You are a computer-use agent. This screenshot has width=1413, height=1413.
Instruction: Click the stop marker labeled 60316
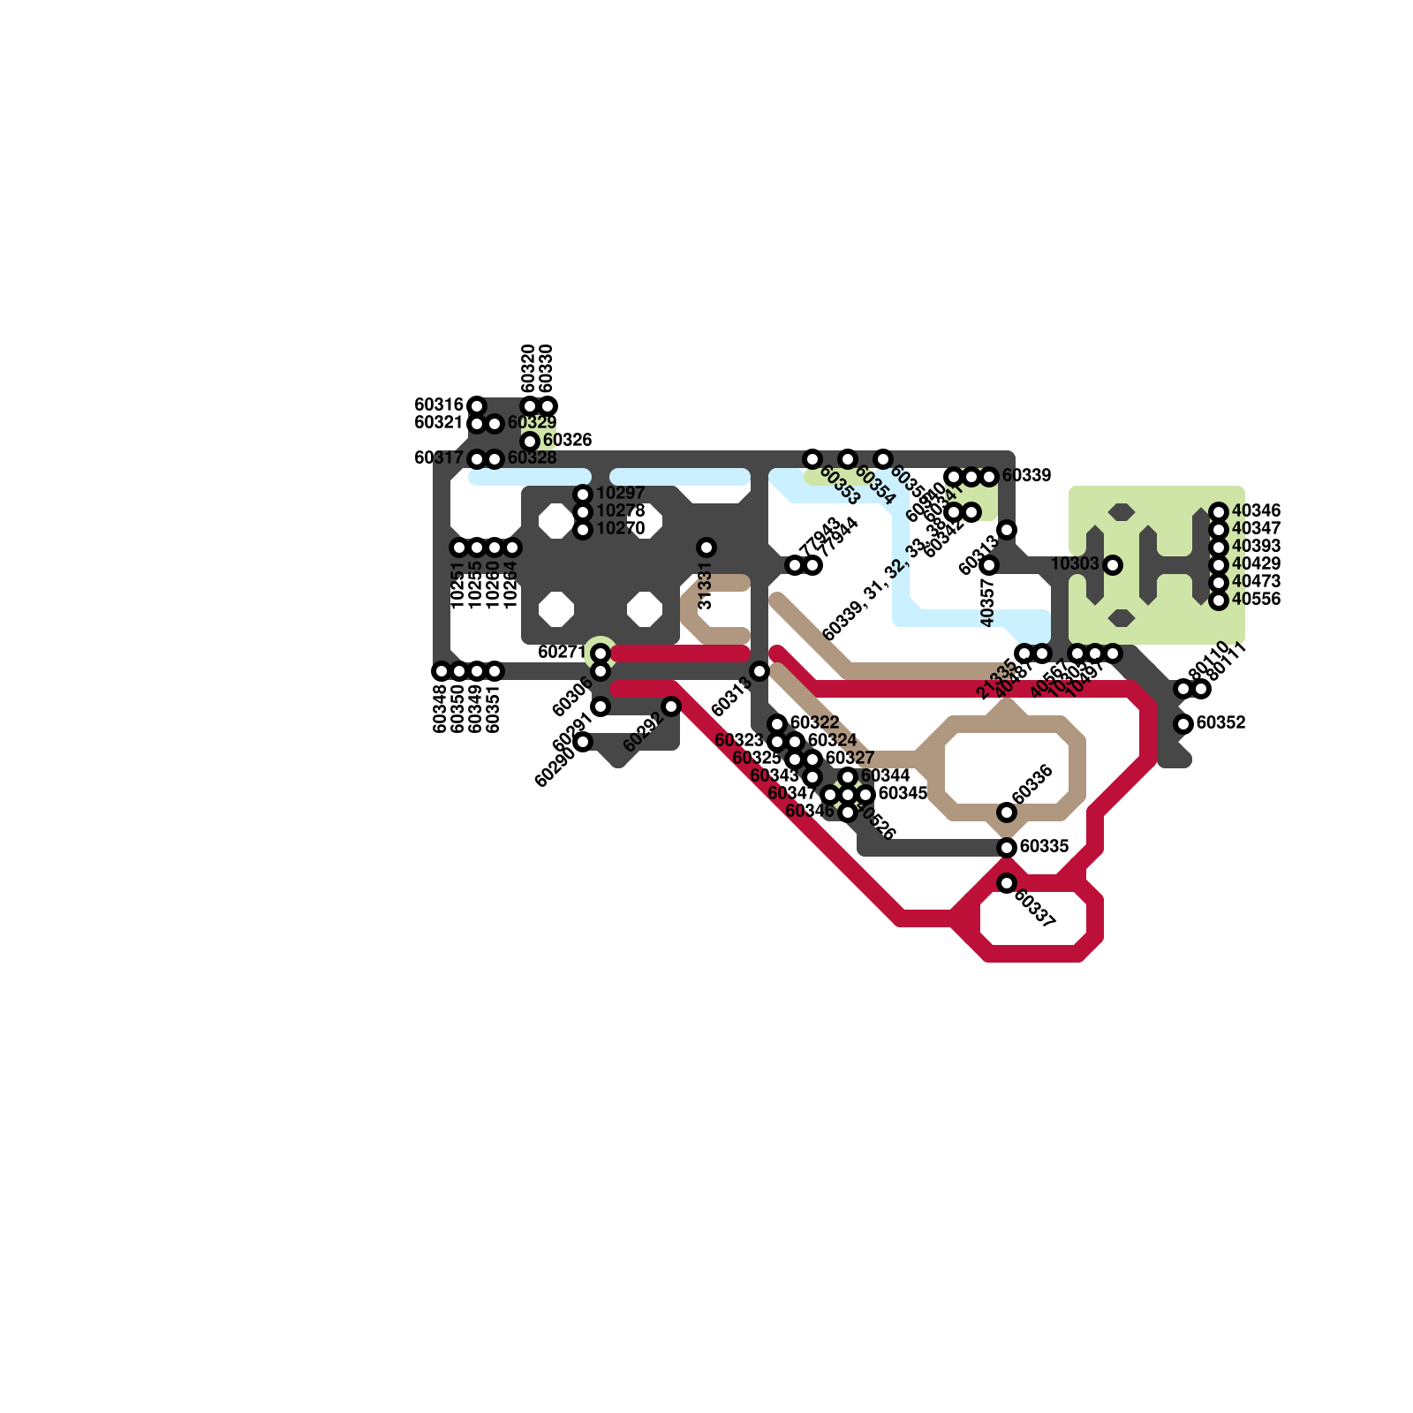477,406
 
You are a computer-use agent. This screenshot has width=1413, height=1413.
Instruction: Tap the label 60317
439,458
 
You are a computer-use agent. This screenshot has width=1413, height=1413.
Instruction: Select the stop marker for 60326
530,442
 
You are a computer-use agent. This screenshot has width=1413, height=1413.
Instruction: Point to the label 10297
620,494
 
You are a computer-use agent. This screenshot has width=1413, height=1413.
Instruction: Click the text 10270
620,529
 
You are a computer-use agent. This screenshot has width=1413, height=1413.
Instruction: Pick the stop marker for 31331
706,548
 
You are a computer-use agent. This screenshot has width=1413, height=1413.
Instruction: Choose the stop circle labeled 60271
601,654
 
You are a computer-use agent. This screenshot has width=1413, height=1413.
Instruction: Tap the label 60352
1220,723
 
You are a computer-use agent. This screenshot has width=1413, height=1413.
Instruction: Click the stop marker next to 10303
1113,565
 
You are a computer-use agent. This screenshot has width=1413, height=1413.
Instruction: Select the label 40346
1256,511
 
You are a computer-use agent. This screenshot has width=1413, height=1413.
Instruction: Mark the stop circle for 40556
1219,601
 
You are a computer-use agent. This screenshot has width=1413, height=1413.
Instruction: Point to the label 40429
1256,564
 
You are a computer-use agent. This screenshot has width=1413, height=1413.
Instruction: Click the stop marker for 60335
1007,848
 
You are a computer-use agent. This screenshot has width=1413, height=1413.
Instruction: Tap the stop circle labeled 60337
1007,883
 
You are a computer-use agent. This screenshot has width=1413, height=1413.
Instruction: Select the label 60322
814,723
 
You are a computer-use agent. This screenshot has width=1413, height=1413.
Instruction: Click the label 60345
903,794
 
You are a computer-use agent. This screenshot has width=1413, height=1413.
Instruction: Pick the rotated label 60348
441,709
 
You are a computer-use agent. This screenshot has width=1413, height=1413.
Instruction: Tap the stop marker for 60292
671,706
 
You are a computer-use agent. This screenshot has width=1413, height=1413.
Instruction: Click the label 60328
532,458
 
